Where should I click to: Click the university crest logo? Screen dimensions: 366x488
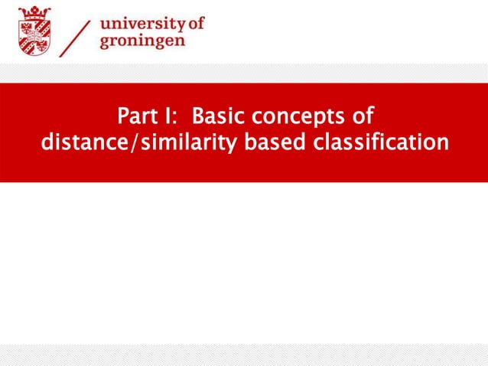34,31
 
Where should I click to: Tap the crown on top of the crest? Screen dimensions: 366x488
34,11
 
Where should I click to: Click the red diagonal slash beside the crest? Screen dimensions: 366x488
77,34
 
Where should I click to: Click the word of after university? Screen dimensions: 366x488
197,24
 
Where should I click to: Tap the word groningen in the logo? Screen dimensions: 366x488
142,41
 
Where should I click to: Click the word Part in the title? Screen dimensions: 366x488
138,118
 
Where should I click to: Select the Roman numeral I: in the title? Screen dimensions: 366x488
174,118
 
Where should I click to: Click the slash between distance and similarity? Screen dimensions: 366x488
117,143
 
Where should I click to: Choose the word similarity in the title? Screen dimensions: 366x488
164,143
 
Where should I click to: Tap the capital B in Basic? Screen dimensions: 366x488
197,118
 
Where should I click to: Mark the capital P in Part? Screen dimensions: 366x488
123,118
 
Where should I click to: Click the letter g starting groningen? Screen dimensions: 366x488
105,42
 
